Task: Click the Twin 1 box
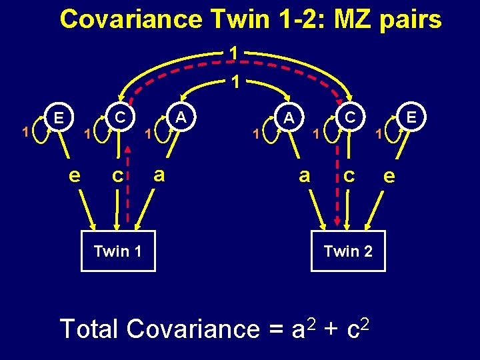tap(118, 251)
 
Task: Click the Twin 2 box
tap(348, 251)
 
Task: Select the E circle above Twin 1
tap(59, 117)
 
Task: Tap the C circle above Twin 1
tap(120, 117)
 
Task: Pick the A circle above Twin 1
tap(180, 117)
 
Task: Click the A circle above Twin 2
tap(289, 117)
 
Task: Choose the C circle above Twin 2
tap(349, 117)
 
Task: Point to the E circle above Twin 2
tap(411, 117)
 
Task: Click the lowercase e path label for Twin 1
tap(76, 175)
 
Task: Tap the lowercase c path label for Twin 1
tap(117, 176)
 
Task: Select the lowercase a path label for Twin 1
tap(159, 175)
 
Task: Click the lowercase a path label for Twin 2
tap(305, 175)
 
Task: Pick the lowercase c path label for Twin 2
tap(348, 176)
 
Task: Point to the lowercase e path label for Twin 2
tap(389, 176)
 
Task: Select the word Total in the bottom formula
tap(89, 329)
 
